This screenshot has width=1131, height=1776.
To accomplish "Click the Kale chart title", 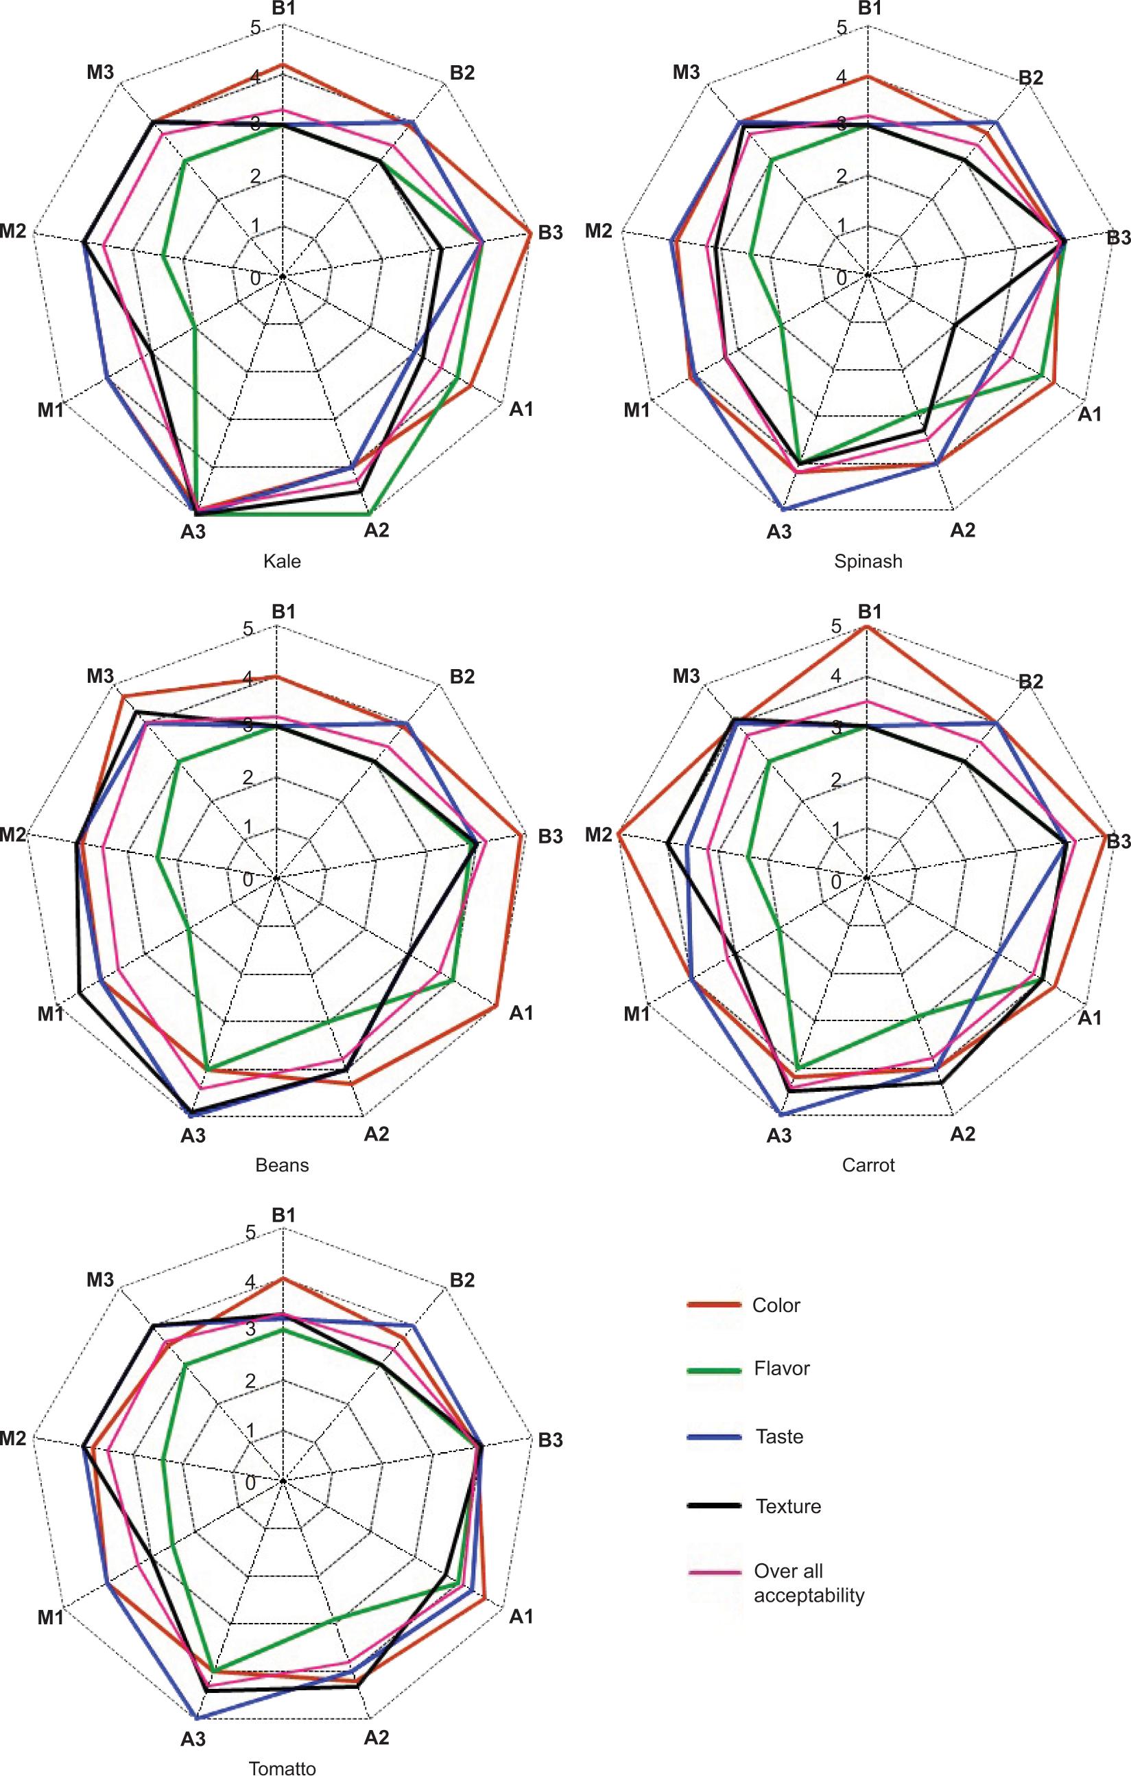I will pos(282,561).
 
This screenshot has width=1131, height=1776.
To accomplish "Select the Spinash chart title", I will pos(868,561).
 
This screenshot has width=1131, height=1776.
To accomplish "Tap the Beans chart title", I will pos(282,1165).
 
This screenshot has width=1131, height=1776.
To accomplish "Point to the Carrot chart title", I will pos(868,1165).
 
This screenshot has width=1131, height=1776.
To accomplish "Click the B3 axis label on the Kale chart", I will pos(550,233).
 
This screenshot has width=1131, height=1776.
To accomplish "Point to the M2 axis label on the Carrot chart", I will pos(599,835).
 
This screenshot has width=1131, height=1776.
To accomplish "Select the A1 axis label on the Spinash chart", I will pos(1089,414).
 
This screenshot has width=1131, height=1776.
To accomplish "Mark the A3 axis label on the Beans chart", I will pos(193,1136).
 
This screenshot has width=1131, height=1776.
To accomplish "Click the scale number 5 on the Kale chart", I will pos(255,28).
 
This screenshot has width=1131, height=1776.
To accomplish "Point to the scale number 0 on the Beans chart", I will pos(247,880).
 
